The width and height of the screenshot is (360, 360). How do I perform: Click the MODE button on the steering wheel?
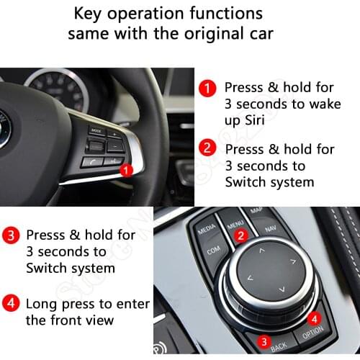click(96, 131)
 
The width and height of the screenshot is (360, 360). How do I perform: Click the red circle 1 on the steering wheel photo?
click(125, 171)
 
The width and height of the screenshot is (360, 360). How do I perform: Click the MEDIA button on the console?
click(207, 228)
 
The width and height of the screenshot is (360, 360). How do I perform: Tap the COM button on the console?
click(214, 251)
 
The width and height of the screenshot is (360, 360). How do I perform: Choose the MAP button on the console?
click(255, 212)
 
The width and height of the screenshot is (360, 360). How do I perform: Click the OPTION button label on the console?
click(312, 332)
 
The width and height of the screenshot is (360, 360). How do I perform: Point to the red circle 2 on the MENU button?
click(242, 234)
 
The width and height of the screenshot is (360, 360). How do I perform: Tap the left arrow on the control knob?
click(250, 277)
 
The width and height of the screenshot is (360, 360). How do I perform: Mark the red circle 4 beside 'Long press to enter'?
click(12, 302)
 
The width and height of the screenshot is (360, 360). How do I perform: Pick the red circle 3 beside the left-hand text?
click(12, 235)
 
